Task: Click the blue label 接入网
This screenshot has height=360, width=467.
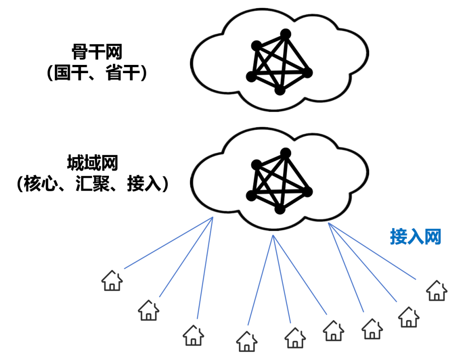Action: pyautogui.click(x=416, y=237)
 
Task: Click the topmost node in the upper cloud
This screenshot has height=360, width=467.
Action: pyautogui.click(x=285, y=34)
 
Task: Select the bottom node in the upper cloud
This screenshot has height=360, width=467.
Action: pyautogui.click(x=280, y=90)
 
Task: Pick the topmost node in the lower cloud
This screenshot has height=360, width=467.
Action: pyautogui.click(x=285, y=152)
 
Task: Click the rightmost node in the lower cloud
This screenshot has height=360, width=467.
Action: pyautogui.click(x=307, y=192)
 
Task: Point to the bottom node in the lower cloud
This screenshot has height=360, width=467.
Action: pyautogui.click(x=280, y=209)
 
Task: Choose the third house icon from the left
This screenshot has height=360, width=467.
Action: pyautogui.click(x=193, y=335)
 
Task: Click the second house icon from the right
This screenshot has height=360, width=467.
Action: pyautogui.click(x=408, y=317)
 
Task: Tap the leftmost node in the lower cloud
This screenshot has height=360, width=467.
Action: pyautogui.click(x=251, y=196)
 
